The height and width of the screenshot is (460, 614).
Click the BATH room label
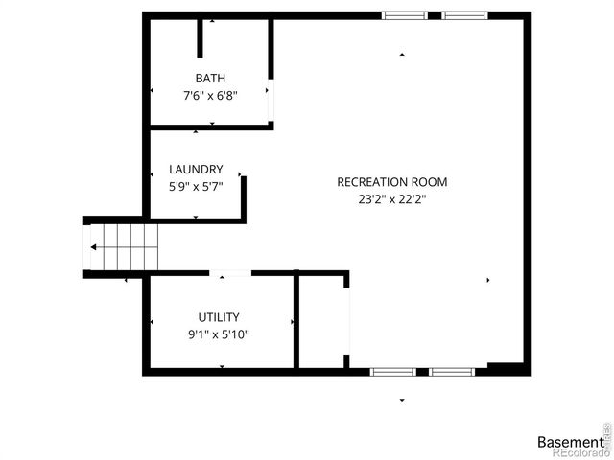pyautogui.click(x=211, y=79)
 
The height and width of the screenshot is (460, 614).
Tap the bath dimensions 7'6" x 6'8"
pyautogui.click(x=210, y=95)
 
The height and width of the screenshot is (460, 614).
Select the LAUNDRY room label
pyautogui.click(x=196, y=170)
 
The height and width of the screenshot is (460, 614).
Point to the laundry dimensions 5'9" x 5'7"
pyautogui.click(x=196, y=187)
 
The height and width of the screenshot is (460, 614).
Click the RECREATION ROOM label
pyautogui.click(x=391, y=182)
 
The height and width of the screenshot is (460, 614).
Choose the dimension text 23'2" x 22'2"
pyautogui.click(x=391, y=199)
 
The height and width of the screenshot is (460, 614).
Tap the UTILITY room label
pyautogui.click(x=219, y=317)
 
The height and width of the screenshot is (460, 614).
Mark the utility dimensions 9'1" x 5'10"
pyautogui.click(x=219, y=334)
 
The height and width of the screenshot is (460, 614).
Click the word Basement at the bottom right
pyautogui.click(x=570, y=442)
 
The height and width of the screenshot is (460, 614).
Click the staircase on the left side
pyautogui.click(x=122, y=246)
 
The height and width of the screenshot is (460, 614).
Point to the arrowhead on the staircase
pyautogui.click(x=93, y=246)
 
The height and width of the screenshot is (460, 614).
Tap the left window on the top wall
pyautogui.click(x=405, y=15)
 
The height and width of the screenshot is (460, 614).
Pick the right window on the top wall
pyautogui.click(x=464, y=15)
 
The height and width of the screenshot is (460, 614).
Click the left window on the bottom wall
pyautogui.click(x=392, y=370)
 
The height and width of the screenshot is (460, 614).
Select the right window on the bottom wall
pyautogui.click(x=451, y=370)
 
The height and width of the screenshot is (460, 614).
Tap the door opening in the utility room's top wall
pyautogui.click(x=230, y=273)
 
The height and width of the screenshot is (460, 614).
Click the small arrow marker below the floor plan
pyautogui.click(x=402, y=400)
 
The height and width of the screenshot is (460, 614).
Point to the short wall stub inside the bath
pyautogui.click(x=201, y=36)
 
